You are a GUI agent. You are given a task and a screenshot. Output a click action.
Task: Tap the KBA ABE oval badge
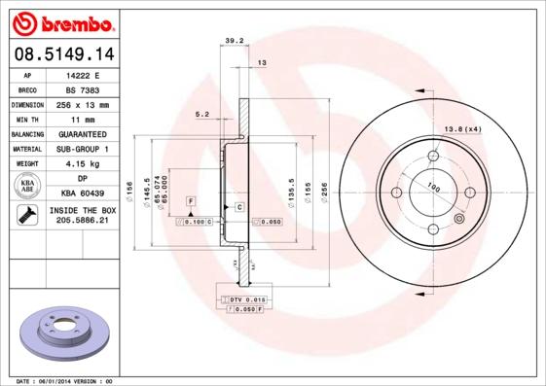pos(27,186)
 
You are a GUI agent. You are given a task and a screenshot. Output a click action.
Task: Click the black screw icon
pos(27,216)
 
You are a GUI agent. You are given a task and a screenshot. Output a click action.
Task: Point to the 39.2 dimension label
pos(234,41)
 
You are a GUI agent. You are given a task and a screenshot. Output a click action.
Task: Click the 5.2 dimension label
pos(202,114)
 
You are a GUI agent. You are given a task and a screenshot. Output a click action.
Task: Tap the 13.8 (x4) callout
pos(463,128)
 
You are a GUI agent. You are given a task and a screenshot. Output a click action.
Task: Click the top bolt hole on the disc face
pos(432,155)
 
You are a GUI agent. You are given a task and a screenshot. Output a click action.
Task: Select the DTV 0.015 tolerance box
pos(248,299)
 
